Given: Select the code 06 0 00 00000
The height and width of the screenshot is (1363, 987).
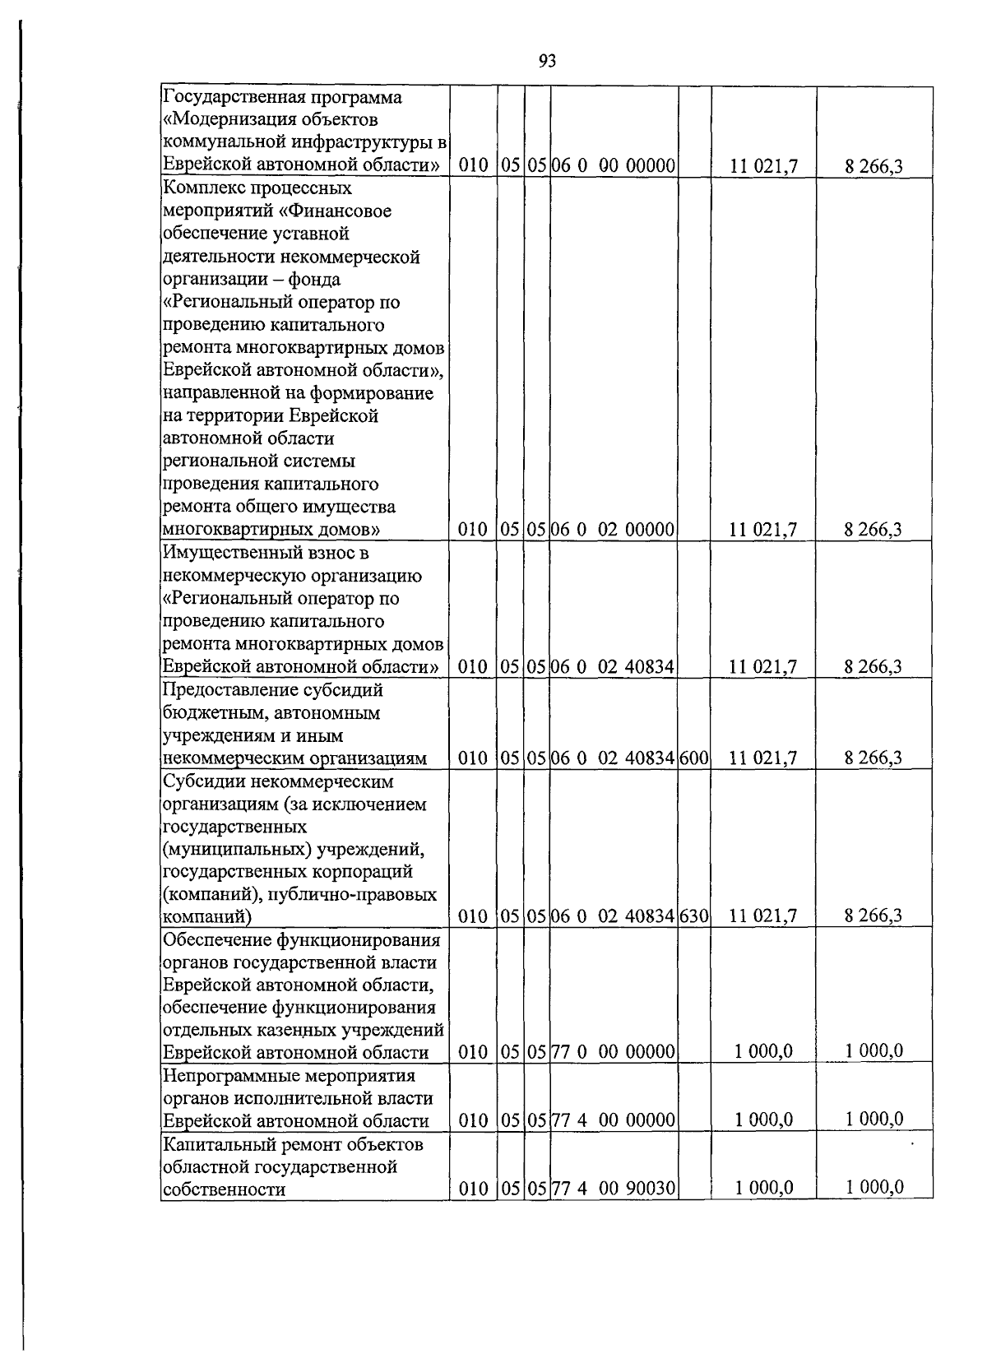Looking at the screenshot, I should tap(613, 166).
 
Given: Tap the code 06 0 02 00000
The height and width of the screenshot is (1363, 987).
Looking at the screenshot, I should tap(613, 529).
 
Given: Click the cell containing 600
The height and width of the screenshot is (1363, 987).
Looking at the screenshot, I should tap(694, 758).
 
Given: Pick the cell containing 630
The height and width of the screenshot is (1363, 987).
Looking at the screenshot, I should tap(694, 916).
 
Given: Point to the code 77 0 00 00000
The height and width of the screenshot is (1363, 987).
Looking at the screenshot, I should tap(613, 1051).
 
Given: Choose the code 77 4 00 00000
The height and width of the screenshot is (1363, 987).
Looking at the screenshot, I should tap(613, 1120).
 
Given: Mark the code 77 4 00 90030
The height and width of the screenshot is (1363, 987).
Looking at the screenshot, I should tap(613, 1188).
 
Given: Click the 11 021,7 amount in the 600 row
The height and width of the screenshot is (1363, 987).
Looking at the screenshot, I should tap(763, 758).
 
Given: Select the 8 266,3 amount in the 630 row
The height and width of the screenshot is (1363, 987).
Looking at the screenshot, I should tap(873, 916).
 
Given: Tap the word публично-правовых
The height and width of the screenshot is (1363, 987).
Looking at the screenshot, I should tap(359, 894).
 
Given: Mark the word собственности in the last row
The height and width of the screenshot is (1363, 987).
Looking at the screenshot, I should tap(225, 1189).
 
